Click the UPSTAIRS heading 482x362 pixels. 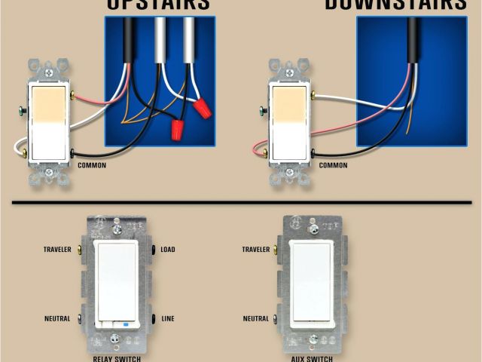(157, 4)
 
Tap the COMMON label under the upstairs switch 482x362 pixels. (92, 165)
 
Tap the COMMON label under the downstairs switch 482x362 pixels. (333, 165)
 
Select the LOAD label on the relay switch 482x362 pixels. (168, 249)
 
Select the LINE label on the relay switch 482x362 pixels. (166, 318)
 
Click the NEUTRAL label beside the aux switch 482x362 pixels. (257, 318)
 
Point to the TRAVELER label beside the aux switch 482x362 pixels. (257, 249)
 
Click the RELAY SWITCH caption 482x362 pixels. (116, 358)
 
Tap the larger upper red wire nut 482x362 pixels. (201, 109)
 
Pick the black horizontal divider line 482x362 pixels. (241, 202)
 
